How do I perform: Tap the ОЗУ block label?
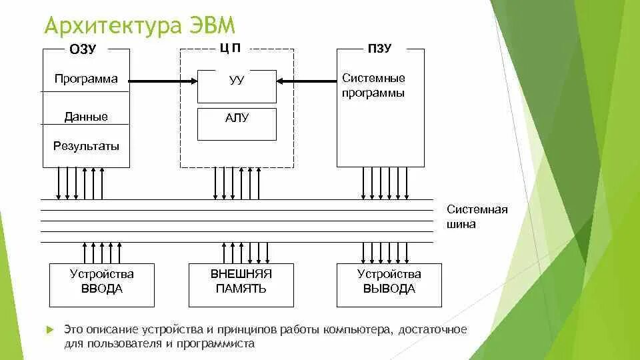83,49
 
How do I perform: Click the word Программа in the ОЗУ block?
86,79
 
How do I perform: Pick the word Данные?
86,117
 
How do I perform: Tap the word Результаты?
87,145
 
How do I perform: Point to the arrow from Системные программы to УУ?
307,81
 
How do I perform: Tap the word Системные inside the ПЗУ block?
373,78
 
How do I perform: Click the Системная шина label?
477,217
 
